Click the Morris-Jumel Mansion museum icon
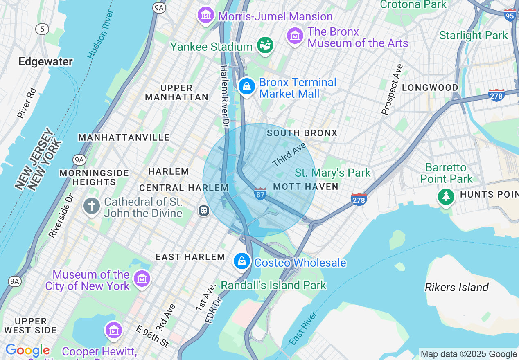206,15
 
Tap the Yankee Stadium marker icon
265,45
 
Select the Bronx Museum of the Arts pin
295,36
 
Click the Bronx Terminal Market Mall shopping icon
247,87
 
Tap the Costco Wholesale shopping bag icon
242,261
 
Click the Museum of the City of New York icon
142,279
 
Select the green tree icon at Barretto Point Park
446,197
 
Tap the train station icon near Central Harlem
204,211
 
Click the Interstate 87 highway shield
260,193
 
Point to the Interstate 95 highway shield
510,15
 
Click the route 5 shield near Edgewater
42,29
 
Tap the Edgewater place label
45,62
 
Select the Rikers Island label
456,287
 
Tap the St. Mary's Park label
332,173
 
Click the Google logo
27,351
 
